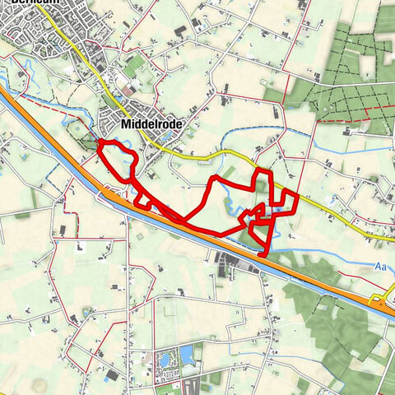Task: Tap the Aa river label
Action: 379,267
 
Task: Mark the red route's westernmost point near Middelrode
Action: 99,146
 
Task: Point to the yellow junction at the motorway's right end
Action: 381,297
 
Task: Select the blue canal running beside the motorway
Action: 206,239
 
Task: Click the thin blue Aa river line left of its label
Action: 329,256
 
